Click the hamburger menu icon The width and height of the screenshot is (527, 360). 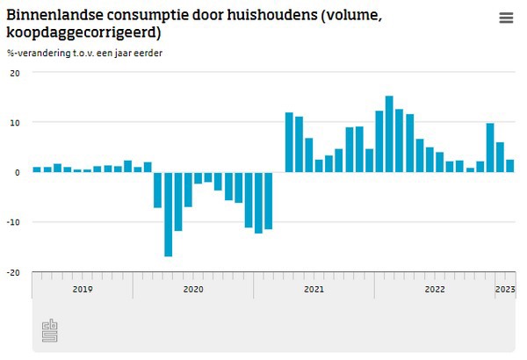(506, 18)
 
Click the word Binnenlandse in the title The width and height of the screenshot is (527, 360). (49, 16)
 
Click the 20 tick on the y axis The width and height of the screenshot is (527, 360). (14, 73)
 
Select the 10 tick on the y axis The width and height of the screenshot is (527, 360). (14, 122)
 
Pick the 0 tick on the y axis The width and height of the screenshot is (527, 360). (17, 172)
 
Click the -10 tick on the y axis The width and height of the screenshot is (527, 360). (13, 222)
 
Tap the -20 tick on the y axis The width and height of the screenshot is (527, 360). (13, 272)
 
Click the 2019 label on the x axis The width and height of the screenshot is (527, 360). (83, 288)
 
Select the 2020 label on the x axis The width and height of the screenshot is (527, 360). (193, 288)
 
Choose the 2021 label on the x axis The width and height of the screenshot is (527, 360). (314, 288)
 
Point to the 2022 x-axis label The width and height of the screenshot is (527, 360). (435, 288)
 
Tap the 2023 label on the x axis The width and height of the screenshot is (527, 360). (505, 288)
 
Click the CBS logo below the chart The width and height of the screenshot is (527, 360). (50, 331)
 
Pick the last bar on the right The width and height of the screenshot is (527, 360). (510, 165)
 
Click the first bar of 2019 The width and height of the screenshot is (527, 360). (37, 169)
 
